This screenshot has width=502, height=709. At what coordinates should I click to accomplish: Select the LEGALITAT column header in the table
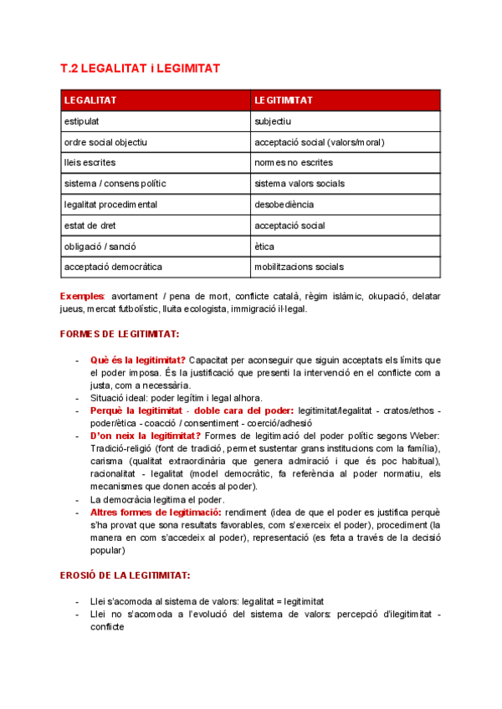(x=90, y=100)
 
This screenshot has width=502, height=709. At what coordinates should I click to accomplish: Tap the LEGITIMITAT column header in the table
(x=284, y=100)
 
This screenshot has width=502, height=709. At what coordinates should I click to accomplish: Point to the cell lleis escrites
(x=90, y=163)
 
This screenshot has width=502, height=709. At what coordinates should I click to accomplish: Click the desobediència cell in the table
(x=284, y=205)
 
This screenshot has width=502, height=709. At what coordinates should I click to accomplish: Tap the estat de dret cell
(x=90, y=226)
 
